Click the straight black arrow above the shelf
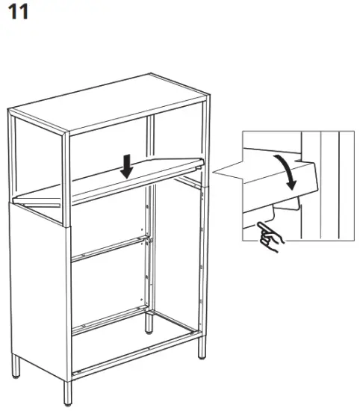coord(127,165)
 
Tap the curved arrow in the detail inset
coord(286,170)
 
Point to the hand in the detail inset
coord(267,236)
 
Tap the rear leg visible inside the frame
coord(150,322)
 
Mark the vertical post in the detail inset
coord(329,187)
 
